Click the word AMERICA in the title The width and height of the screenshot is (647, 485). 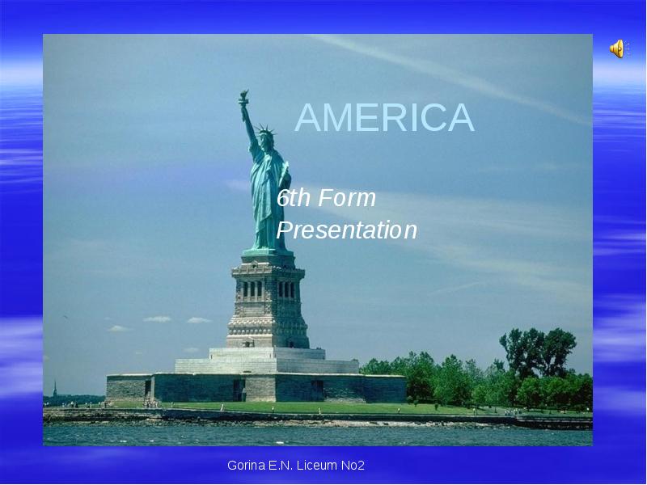point(384,118)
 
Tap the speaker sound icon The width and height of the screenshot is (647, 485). point(617,49)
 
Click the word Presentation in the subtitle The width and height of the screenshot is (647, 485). point(346,230)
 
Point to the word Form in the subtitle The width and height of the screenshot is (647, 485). point(347,198)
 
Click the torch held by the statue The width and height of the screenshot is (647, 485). point(243,98)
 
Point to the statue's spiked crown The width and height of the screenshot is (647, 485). point(264,129)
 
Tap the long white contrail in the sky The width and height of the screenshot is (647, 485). point(453,77)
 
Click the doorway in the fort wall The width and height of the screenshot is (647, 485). point(238,390)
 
